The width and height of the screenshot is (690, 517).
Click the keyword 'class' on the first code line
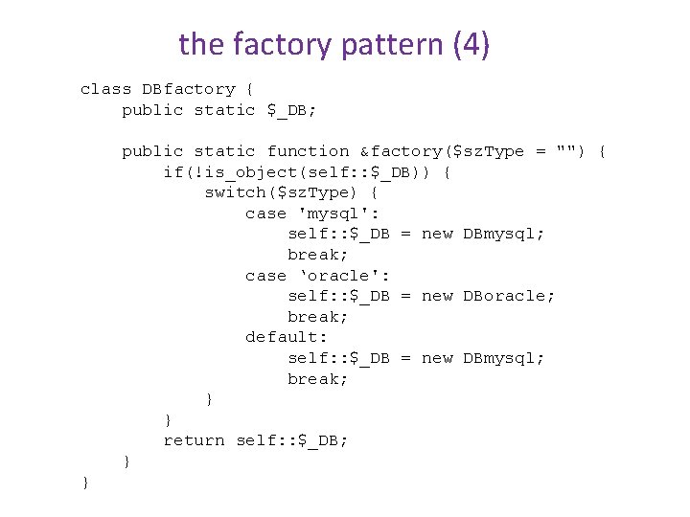pos(105,89)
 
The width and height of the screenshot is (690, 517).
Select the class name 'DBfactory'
pos(189,89)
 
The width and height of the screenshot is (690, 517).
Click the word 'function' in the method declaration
pos(308,151)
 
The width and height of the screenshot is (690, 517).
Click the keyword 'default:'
pos(287,337)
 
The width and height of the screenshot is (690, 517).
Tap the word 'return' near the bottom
pos(194,440)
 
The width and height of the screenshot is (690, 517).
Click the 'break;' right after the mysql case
pos(317,255)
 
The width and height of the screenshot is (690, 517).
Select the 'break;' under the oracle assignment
pos(317,317)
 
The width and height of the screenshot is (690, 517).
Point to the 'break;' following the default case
pos(317,379)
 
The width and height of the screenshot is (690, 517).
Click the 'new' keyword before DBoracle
pos(437,296)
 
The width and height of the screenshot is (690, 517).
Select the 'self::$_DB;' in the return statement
pos(292,440)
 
